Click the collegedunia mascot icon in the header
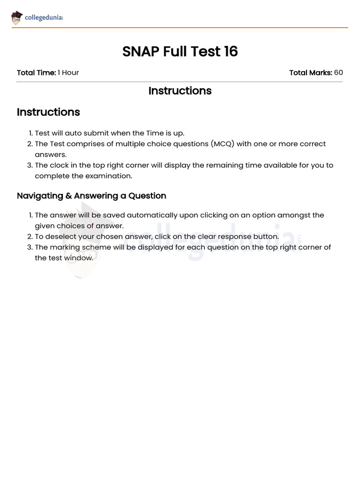click(x=17, y=18)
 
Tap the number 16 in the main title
click(x=231, y=52)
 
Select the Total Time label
click(x=36, y=73)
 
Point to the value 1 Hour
click(x=68, y=73)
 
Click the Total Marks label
click(x=311, y=73)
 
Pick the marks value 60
click(x=338, y=73)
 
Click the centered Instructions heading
click(x=180, y=91)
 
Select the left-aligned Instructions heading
click(x=48, y=112)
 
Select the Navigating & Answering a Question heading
click(x=91, y=196)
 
